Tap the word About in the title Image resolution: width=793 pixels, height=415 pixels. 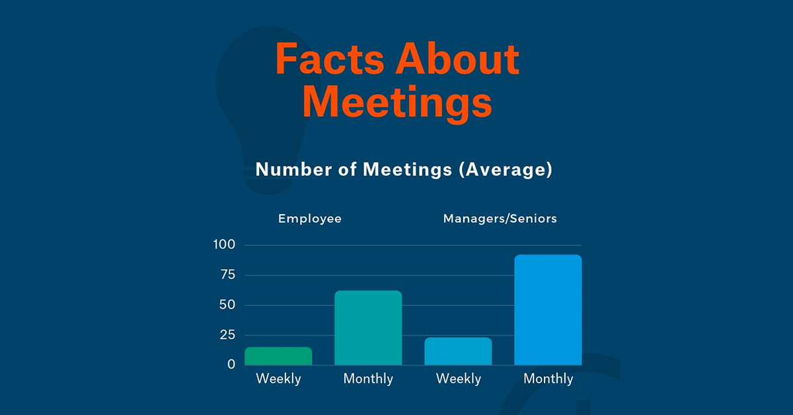tap(456, 60)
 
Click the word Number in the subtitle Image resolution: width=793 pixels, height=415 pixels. tap(292, 169)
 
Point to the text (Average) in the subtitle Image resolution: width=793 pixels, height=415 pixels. tap(504, 169)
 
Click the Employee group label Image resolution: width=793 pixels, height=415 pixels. tap(310, 218)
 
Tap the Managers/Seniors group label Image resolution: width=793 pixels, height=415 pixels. tap(500, 218)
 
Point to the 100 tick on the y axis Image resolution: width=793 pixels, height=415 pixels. tap(224, 245)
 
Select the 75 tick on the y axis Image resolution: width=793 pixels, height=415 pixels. tap(227, 275)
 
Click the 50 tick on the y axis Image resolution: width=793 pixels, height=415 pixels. tap(227, 305)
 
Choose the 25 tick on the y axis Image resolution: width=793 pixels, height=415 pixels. tap(227, 335)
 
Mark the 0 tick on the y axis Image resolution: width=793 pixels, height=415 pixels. tap(231, 364)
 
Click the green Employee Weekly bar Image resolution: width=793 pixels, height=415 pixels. tap(278, 356)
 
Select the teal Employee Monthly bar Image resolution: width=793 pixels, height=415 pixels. tap(368, 328)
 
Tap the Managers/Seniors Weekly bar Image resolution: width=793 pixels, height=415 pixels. tap(458, 352)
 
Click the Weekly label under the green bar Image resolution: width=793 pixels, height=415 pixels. tap(278, 379)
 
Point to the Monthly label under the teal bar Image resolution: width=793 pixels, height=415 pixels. tap(368, 379)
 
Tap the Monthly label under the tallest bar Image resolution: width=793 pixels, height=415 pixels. tap(548, 379)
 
